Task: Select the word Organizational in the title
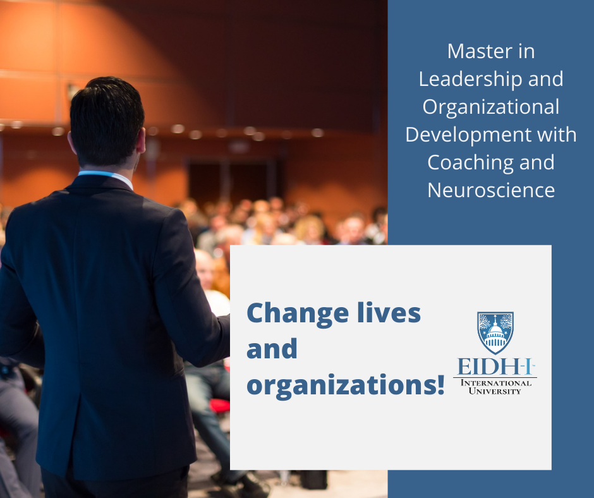(x=491, y=107)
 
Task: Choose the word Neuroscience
(x=492, y=190)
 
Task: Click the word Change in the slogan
(x=298, y=315)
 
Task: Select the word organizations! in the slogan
(x=346, y=385)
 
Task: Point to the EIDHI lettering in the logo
(x=495, y=367)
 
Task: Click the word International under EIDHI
(x=496, y=383)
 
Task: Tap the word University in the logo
(x=495, y=391)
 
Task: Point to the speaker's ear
(x=142, y=140)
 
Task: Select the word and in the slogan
(x=272, y=349)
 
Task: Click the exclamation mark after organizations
(x=440, y=383)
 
